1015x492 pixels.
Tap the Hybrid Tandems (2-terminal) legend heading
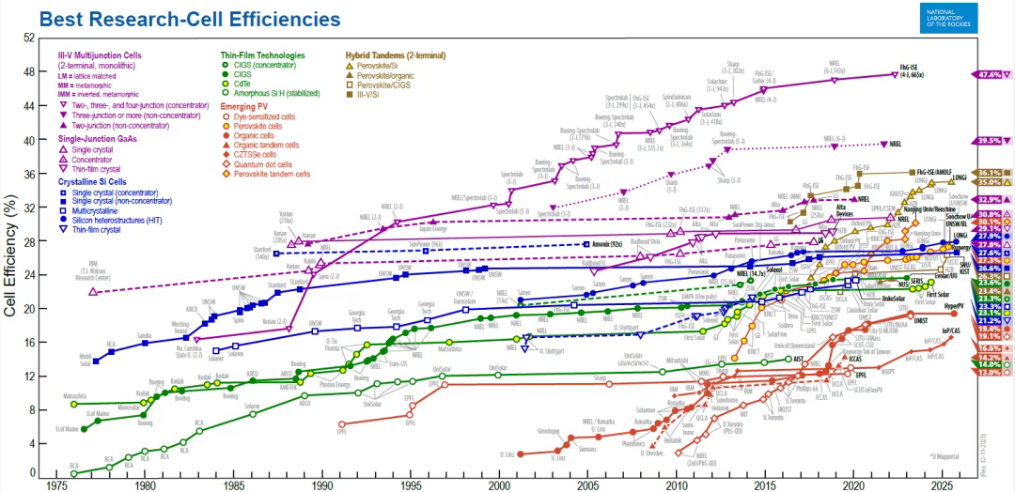click(x=395, y=55)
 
